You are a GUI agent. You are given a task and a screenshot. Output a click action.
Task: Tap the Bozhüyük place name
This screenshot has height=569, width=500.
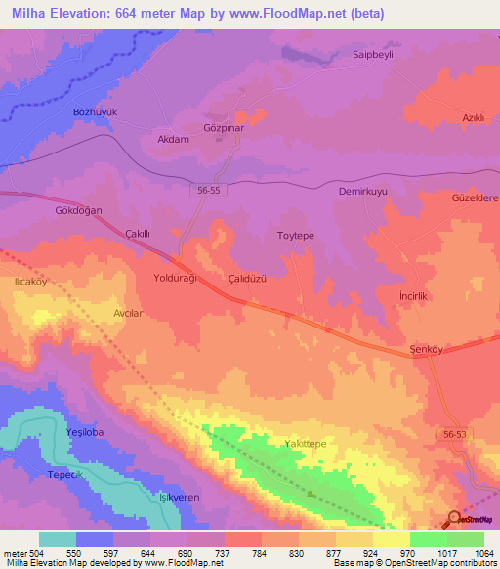coord(96,112)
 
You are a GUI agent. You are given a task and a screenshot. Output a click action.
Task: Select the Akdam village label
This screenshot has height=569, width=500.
coord(173,139)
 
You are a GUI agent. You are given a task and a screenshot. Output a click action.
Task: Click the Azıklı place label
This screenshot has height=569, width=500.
coord(474,118)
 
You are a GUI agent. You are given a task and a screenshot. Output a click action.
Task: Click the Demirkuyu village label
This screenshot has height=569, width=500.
coord(363,193)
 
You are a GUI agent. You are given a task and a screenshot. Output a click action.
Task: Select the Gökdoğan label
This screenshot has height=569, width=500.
coord(78,210)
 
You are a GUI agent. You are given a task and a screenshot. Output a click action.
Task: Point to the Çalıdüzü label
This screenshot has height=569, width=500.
coord(247,278)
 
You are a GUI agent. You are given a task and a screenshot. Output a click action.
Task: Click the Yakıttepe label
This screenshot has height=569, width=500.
coord(304,444)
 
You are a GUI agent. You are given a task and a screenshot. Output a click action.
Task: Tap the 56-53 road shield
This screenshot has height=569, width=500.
coord(453,430)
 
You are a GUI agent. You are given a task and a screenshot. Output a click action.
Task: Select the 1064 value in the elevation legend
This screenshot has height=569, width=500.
coord(483,554)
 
